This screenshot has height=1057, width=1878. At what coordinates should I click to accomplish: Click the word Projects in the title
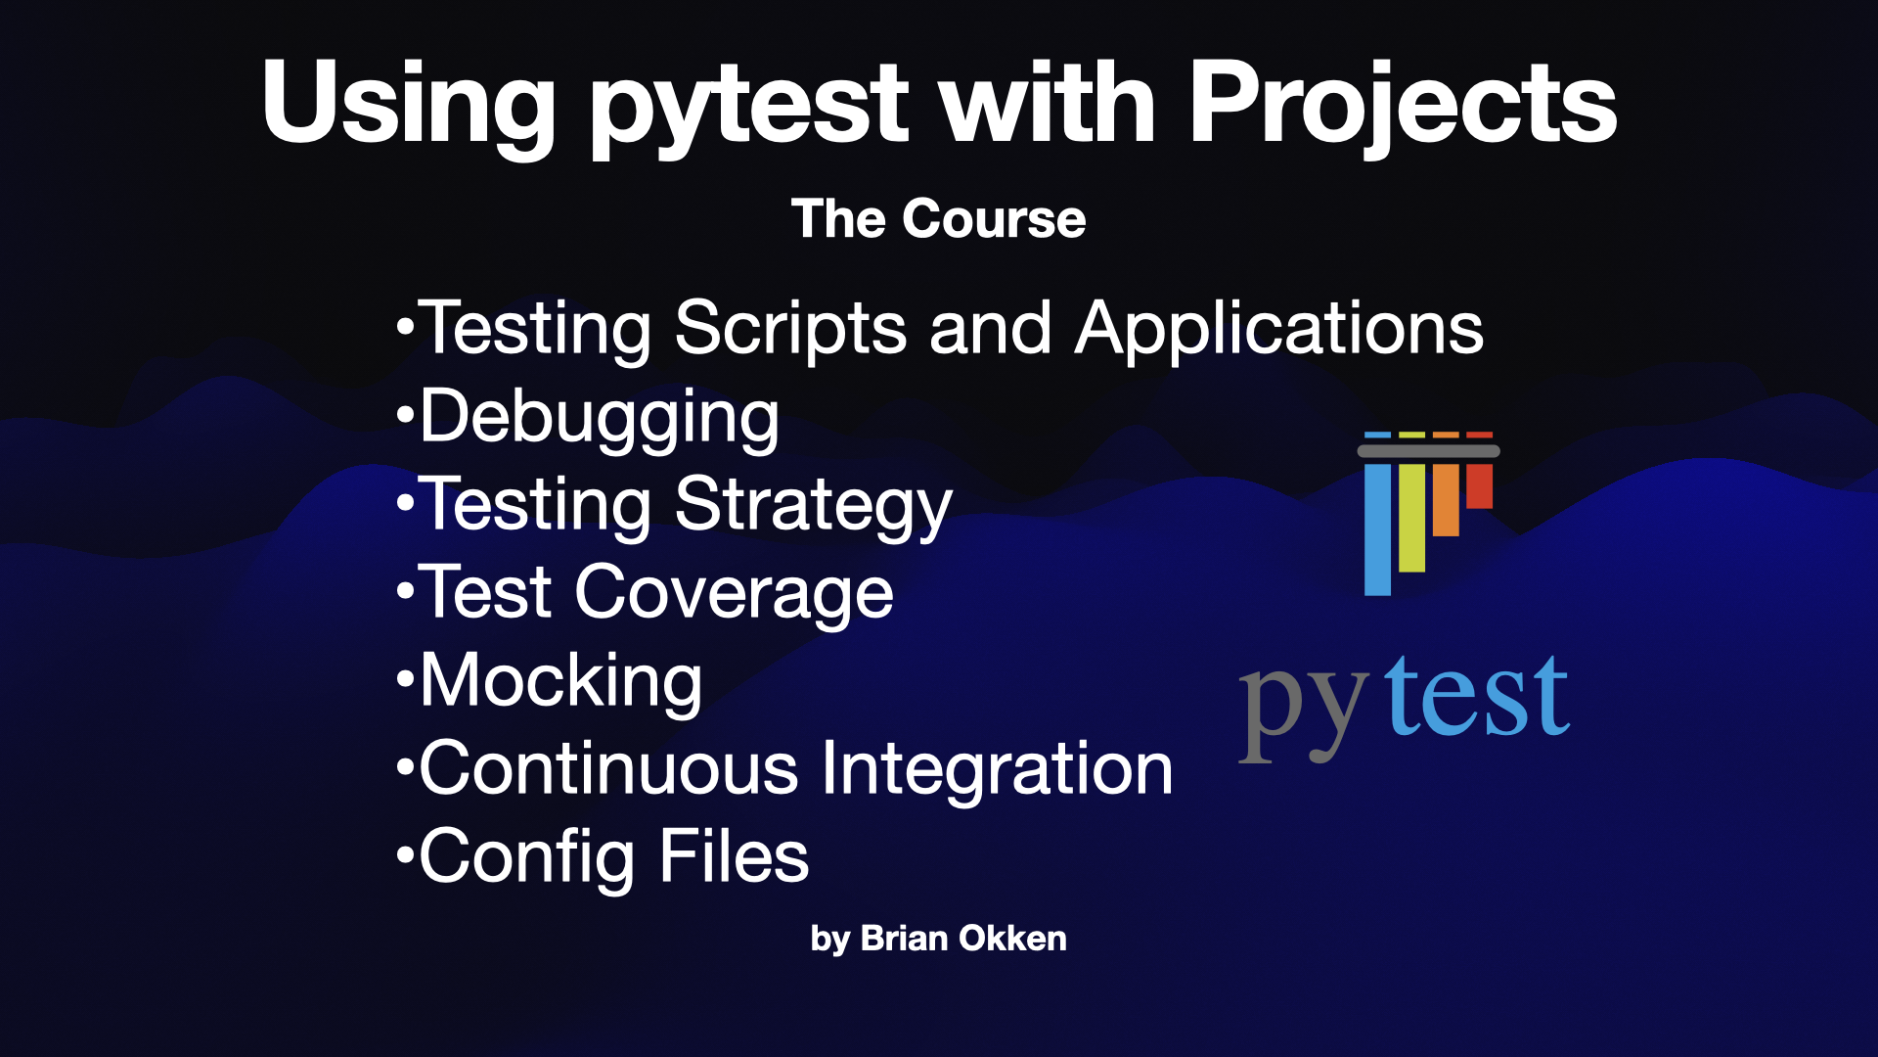[x=1403, y=106]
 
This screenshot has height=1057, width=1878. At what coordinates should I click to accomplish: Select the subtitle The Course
[x=938, y=218]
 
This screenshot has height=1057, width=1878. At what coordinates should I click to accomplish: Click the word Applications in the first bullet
[x=1279, y=329]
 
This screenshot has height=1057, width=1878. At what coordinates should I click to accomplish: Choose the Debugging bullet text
[x=600, y=419]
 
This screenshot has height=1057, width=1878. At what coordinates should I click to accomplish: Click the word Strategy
[x=813, y=507]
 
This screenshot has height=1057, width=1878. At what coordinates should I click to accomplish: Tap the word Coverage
[x=734, y=594]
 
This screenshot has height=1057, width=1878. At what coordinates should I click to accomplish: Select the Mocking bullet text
[x=561, y=682]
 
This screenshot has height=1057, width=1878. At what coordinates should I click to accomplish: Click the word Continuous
[x=609, y=769]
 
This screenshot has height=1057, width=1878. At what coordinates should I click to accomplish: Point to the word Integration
[x=997, y=769]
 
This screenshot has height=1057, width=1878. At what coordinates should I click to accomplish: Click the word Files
[x=734, y=855]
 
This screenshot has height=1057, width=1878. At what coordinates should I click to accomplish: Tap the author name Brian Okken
[x=963, y=938]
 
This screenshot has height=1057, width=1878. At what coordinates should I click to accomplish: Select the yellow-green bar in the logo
[x=1411, y=518]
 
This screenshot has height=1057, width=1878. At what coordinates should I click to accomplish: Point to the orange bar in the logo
[x=1446, y=500]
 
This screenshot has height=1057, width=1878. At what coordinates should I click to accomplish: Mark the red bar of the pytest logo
[x=1480, y=486]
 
